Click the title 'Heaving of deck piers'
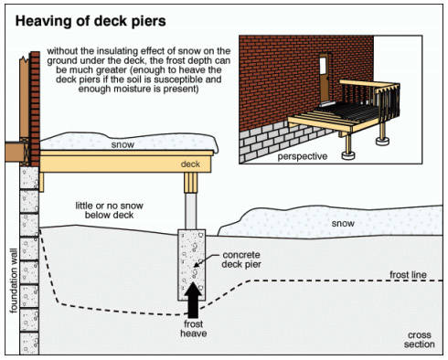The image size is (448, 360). (x=91, y=21)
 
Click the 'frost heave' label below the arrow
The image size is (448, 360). (x=193, y=329)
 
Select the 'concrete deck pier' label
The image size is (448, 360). (x=241, y=259)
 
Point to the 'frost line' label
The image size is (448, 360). (x=408, y=275)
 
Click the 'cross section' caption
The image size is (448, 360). (x=420, y=340)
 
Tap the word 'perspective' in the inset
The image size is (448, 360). (x=303, y=156)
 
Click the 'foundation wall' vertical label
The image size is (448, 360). (x=14, y=281)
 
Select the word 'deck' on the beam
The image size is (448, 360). (x=190, y=164)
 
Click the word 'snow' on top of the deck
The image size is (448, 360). (x=123, y=144)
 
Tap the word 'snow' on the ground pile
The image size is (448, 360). (x=343, y=223)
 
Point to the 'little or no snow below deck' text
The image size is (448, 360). (x=110, y=210)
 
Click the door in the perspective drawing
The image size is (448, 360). (x=325, y=78)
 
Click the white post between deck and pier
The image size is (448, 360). (x=191, y=211)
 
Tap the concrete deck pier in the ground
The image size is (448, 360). (x=192, y=265)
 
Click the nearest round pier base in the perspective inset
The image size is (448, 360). (x=348, y=155)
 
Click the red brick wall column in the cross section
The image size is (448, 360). (x=35, y=109)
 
